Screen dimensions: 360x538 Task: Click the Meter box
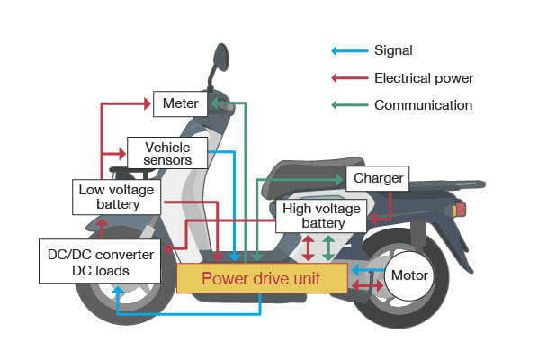pos(181,103)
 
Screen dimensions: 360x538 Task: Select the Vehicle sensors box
pos(167,152)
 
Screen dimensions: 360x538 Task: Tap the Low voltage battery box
pos(116,196)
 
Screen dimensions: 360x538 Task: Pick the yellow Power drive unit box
pos(261,278)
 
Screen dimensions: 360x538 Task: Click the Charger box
pos(377,178)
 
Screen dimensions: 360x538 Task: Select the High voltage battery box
pos(321,216)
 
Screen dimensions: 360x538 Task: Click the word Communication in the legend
pos(423,105)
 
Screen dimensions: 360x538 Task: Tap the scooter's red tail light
pos(461,210)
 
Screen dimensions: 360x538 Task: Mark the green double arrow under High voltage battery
pos(328,247)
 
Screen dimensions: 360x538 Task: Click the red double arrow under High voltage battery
pos(309,247)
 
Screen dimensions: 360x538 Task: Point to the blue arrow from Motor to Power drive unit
pos(367,268)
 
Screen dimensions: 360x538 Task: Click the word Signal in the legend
pos(393,51)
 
